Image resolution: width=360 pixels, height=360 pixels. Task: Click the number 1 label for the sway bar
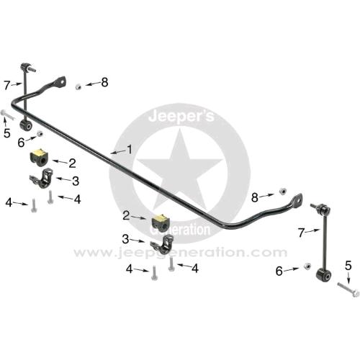point(130,150)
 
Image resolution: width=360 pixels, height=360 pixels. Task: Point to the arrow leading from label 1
point(118,152)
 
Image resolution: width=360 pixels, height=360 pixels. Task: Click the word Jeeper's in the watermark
point(181,117)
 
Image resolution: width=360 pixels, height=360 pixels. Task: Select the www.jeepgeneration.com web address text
point(180,253)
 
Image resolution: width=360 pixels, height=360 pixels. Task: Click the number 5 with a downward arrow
point(348,266)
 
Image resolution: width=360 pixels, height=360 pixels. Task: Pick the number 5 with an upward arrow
point(7,133)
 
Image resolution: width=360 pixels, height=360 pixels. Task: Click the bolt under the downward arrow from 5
point(348,289)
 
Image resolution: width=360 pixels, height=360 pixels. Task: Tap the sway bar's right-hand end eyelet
point(298,199)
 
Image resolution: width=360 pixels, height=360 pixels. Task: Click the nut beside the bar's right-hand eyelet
point(282,192)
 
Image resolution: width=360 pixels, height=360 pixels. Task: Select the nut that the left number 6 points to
point(40,134)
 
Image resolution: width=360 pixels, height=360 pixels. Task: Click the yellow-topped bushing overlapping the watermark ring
point(160,222)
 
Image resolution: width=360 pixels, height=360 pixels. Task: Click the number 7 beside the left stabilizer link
point(7,86)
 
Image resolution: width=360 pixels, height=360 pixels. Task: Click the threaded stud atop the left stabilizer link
point(32,69)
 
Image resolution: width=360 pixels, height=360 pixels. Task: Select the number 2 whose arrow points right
point(126,216)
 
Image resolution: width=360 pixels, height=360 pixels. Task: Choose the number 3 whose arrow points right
point(125,239)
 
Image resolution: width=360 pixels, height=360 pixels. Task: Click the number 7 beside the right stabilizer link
point(302,233)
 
